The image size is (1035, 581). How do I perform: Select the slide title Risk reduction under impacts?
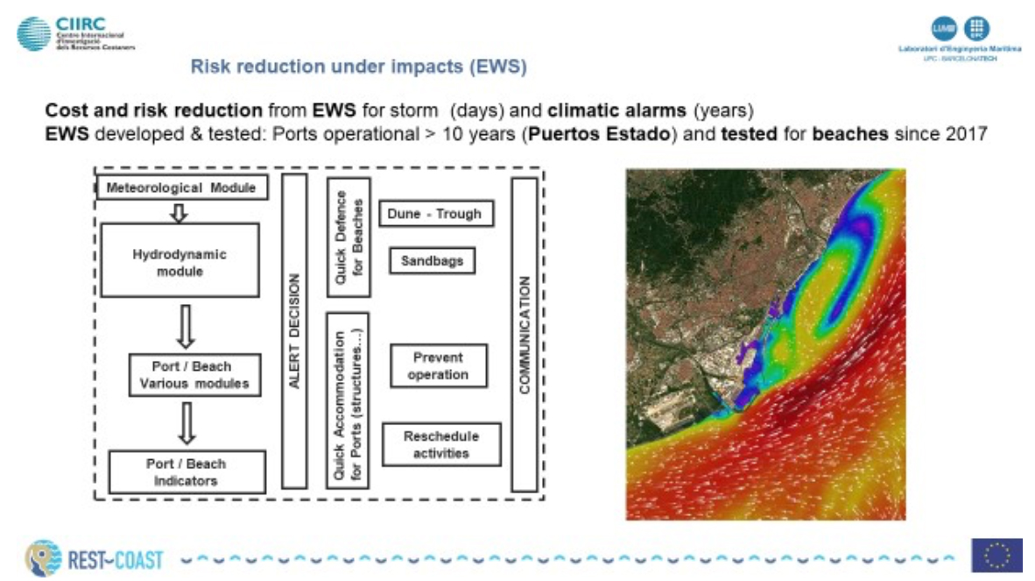coord(358,67)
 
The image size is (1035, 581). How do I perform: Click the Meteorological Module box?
coord(181,188)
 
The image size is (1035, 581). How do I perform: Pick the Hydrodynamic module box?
coord(180,260)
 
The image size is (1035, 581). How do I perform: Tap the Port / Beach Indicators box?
coord(187,472)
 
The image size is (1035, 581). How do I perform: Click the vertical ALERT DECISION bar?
coord(295,330)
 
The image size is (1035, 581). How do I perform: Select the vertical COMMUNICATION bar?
coord(524,334)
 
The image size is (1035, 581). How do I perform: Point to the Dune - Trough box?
coord(434,213)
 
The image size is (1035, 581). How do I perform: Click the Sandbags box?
coord(432,260)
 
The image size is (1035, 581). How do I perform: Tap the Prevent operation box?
coord(438,365)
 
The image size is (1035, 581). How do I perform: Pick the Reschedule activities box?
coord(441,444)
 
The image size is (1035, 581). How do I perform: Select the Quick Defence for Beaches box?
coord(348,237)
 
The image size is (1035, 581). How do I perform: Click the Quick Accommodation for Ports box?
coord(348,399)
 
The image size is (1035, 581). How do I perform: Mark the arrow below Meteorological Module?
coord(180,212)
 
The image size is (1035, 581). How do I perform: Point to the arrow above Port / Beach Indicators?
coord(186,422)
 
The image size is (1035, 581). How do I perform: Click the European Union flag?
coord(996,555)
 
